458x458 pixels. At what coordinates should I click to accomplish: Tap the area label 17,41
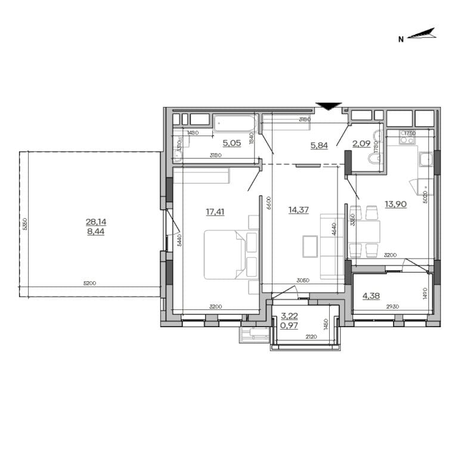point(215,211)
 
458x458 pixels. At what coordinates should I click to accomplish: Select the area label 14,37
point(298,210)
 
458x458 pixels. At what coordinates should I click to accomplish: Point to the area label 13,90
point(395,204)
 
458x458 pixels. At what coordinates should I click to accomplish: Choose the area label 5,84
point(318,145)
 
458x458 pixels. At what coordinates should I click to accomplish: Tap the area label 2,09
point(361,143)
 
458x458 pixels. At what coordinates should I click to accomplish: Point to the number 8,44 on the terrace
point(95,232)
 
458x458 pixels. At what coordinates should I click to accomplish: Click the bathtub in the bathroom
point(235,123)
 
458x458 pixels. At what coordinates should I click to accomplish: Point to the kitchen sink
point(426,159)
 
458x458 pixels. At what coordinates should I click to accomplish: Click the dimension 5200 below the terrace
point(90,283)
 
